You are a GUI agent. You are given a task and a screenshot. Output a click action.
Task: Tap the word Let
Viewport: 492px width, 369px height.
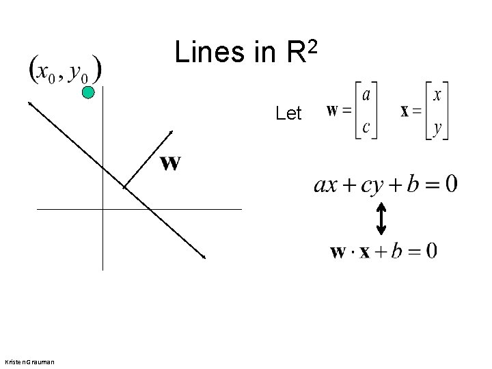(288, 113)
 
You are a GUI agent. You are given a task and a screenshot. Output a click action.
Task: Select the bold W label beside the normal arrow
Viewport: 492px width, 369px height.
(170, 163)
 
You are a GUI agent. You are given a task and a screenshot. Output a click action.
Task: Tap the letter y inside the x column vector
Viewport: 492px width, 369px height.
(437, 127)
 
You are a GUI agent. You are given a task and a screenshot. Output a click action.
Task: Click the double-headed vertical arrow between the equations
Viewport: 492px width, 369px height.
(381, 217)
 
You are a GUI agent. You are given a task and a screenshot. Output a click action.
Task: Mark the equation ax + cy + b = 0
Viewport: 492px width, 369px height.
(385, 184)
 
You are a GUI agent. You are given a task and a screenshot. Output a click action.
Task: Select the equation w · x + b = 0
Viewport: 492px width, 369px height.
(383, 251)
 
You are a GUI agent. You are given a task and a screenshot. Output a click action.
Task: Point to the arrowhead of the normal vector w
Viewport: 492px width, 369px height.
(172, 132)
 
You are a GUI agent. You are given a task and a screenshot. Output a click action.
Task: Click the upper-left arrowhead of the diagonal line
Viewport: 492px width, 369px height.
(30, 102)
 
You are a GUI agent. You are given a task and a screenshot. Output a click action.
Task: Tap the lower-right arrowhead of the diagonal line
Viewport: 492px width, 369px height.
(204, 258)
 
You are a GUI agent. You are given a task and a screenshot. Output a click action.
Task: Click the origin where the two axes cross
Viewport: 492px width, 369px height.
(102, 208)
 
